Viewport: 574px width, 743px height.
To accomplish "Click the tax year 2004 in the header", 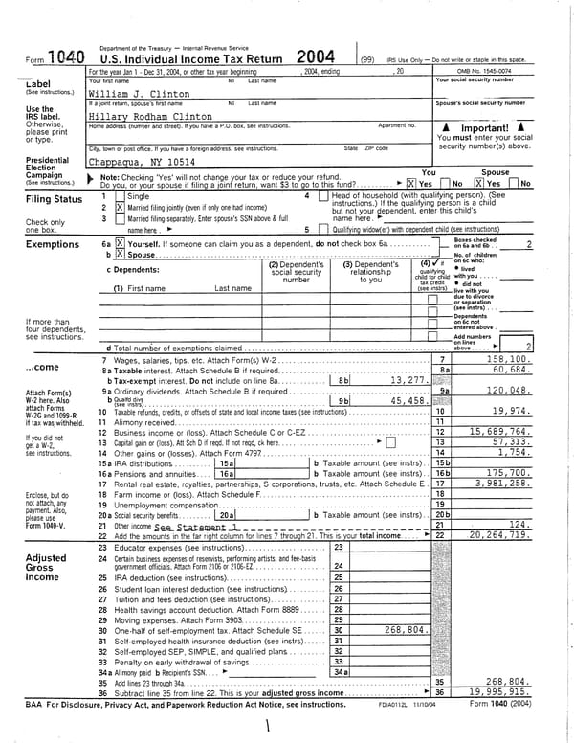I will [x=315, y=56].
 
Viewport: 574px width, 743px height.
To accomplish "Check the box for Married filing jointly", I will [x=120, y=207].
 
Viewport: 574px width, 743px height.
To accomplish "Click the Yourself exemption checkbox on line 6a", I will [x=120, y=244].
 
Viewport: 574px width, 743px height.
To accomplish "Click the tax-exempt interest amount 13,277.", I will [x=408, y=380].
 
